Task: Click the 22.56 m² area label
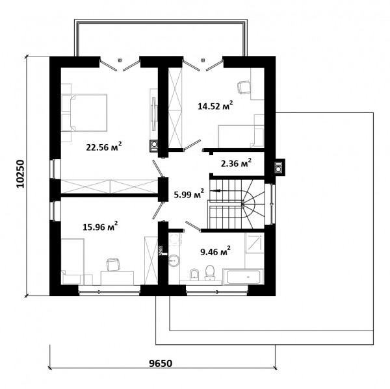[x=104, y=147]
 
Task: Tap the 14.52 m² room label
[x=215, y=106]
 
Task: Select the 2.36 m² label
[x=236, y=163]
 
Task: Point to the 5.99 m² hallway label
[x=189, y=194]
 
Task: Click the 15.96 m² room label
[x=100, y=227]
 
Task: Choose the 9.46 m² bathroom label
[x=215, y=251]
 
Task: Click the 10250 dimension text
[x=21, y=174]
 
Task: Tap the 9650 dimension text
[x=161, y=363]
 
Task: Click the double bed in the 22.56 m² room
[x=84, y=112]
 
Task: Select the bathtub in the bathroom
[x=242, y=277]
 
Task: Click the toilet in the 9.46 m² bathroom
[x=210, y=273]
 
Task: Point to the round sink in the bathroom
[x=174, y=260]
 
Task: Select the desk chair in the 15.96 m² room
[x=113, y=264]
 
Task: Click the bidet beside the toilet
[x=194, y=275]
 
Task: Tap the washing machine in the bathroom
[x=175, y=240]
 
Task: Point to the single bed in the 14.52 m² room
[x=240, y=136]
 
